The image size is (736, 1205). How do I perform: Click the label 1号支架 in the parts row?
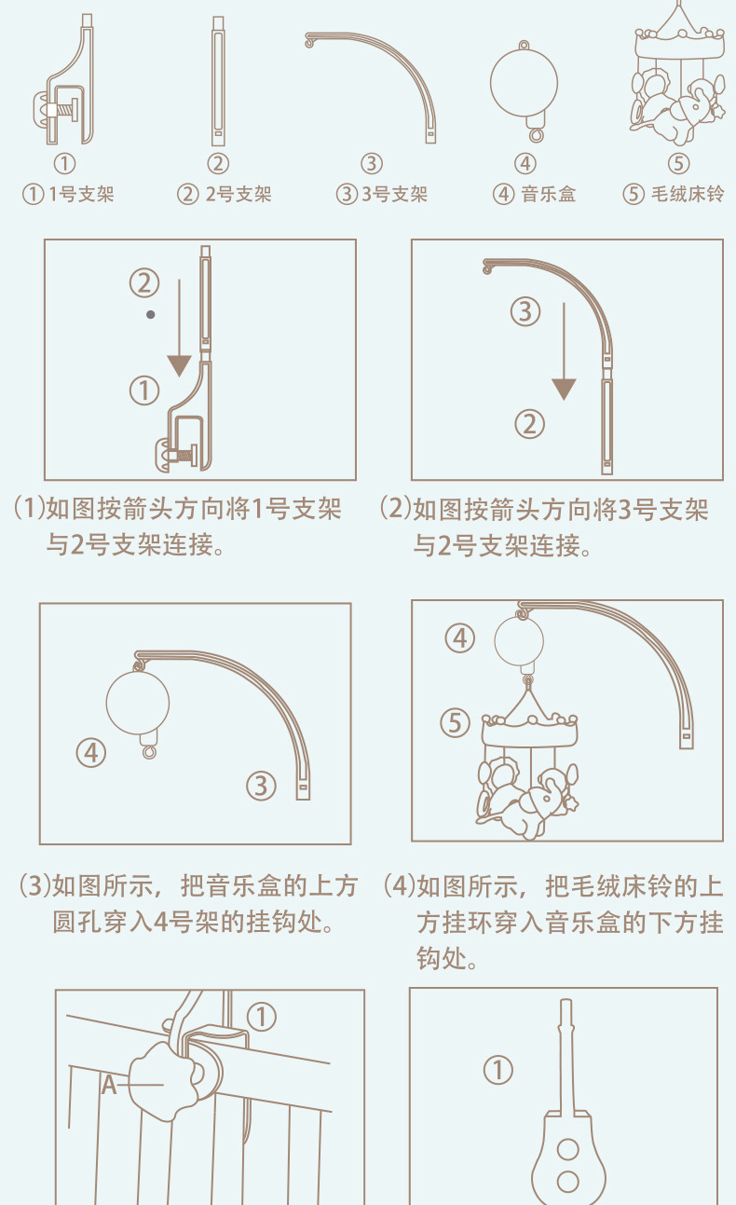coord(81,194)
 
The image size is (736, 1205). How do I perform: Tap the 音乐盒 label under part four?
coord(549,194)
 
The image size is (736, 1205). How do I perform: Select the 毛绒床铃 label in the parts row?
coord(688,194)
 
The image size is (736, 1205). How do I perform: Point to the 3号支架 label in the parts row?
coord(395,194)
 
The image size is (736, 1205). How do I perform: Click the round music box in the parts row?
coord(525,83)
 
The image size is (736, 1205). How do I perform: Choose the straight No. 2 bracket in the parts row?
coord(218,81)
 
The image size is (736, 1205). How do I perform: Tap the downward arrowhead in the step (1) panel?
coord(180,366)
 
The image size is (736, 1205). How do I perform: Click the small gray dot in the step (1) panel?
coord(151,315)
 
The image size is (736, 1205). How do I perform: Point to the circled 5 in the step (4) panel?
coord(456,722)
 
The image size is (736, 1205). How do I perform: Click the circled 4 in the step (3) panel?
coord(91,753)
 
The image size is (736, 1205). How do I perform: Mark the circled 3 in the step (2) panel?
coord(525,311)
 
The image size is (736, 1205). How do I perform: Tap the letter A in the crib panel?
coord(109,1085)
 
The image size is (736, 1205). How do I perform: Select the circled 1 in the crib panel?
coord(262,1017)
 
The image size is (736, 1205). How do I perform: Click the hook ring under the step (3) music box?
coord(149,751)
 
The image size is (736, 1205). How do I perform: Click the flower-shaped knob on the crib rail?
coord(161,1080)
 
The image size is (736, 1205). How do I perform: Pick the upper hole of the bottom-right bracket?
coord(568,1150)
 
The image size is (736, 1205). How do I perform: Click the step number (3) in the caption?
coord(34,886)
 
